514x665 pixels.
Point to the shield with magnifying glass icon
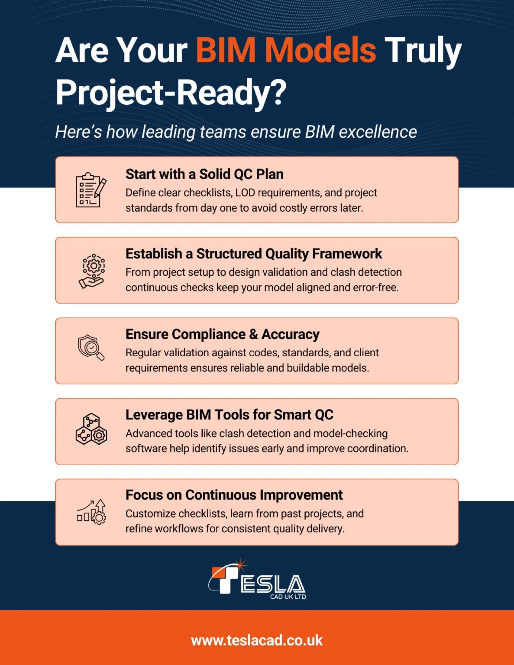click(x=91, y=348)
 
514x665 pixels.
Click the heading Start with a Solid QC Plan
click(x=204, y=175)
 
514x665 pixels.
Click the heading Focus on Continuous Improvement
click(x=234, y=495)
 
